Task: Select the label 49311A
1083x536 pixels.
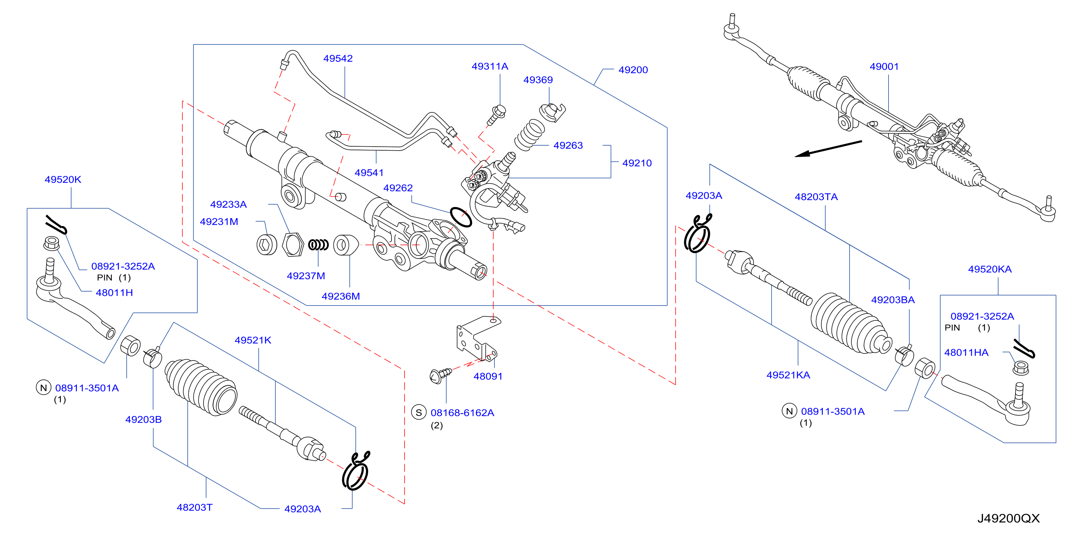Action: [x=490, y=66]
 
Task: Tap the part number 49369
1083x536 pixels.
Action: [x=538, y=80]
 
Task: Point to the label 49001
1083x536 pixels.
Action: [x=884, y=66]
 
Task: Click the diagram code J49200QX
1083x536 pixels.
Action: [x=1008, y=518]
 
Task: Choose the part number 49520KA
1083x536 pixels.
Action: [x=990, y=269]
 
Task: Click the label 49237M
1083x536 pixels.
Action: [x=306, y=276]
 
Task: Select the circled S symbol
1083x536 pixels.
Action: [x=419, y=413]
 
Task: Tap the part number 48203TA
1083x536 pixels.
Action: [x=816, y=197]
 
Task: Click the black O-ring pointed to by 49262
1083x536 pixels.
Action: [x=461, y=217]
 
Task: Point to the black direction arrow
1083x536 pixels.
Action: [x=828, y=148]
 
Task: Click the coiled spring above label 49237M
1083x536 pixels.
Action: [x=318, y=245]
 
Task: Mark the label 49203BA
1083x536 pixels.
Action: [x=892, y=300]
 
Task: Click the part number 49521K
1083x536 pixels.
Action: [x=253, y=340]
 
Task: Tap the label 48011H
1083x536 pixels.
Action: [x=114, y=293]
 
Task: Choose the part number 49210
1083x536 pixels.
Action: [x=637, y=163]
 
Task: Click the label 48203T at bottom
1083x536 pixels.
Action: [x=194, y=507]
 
